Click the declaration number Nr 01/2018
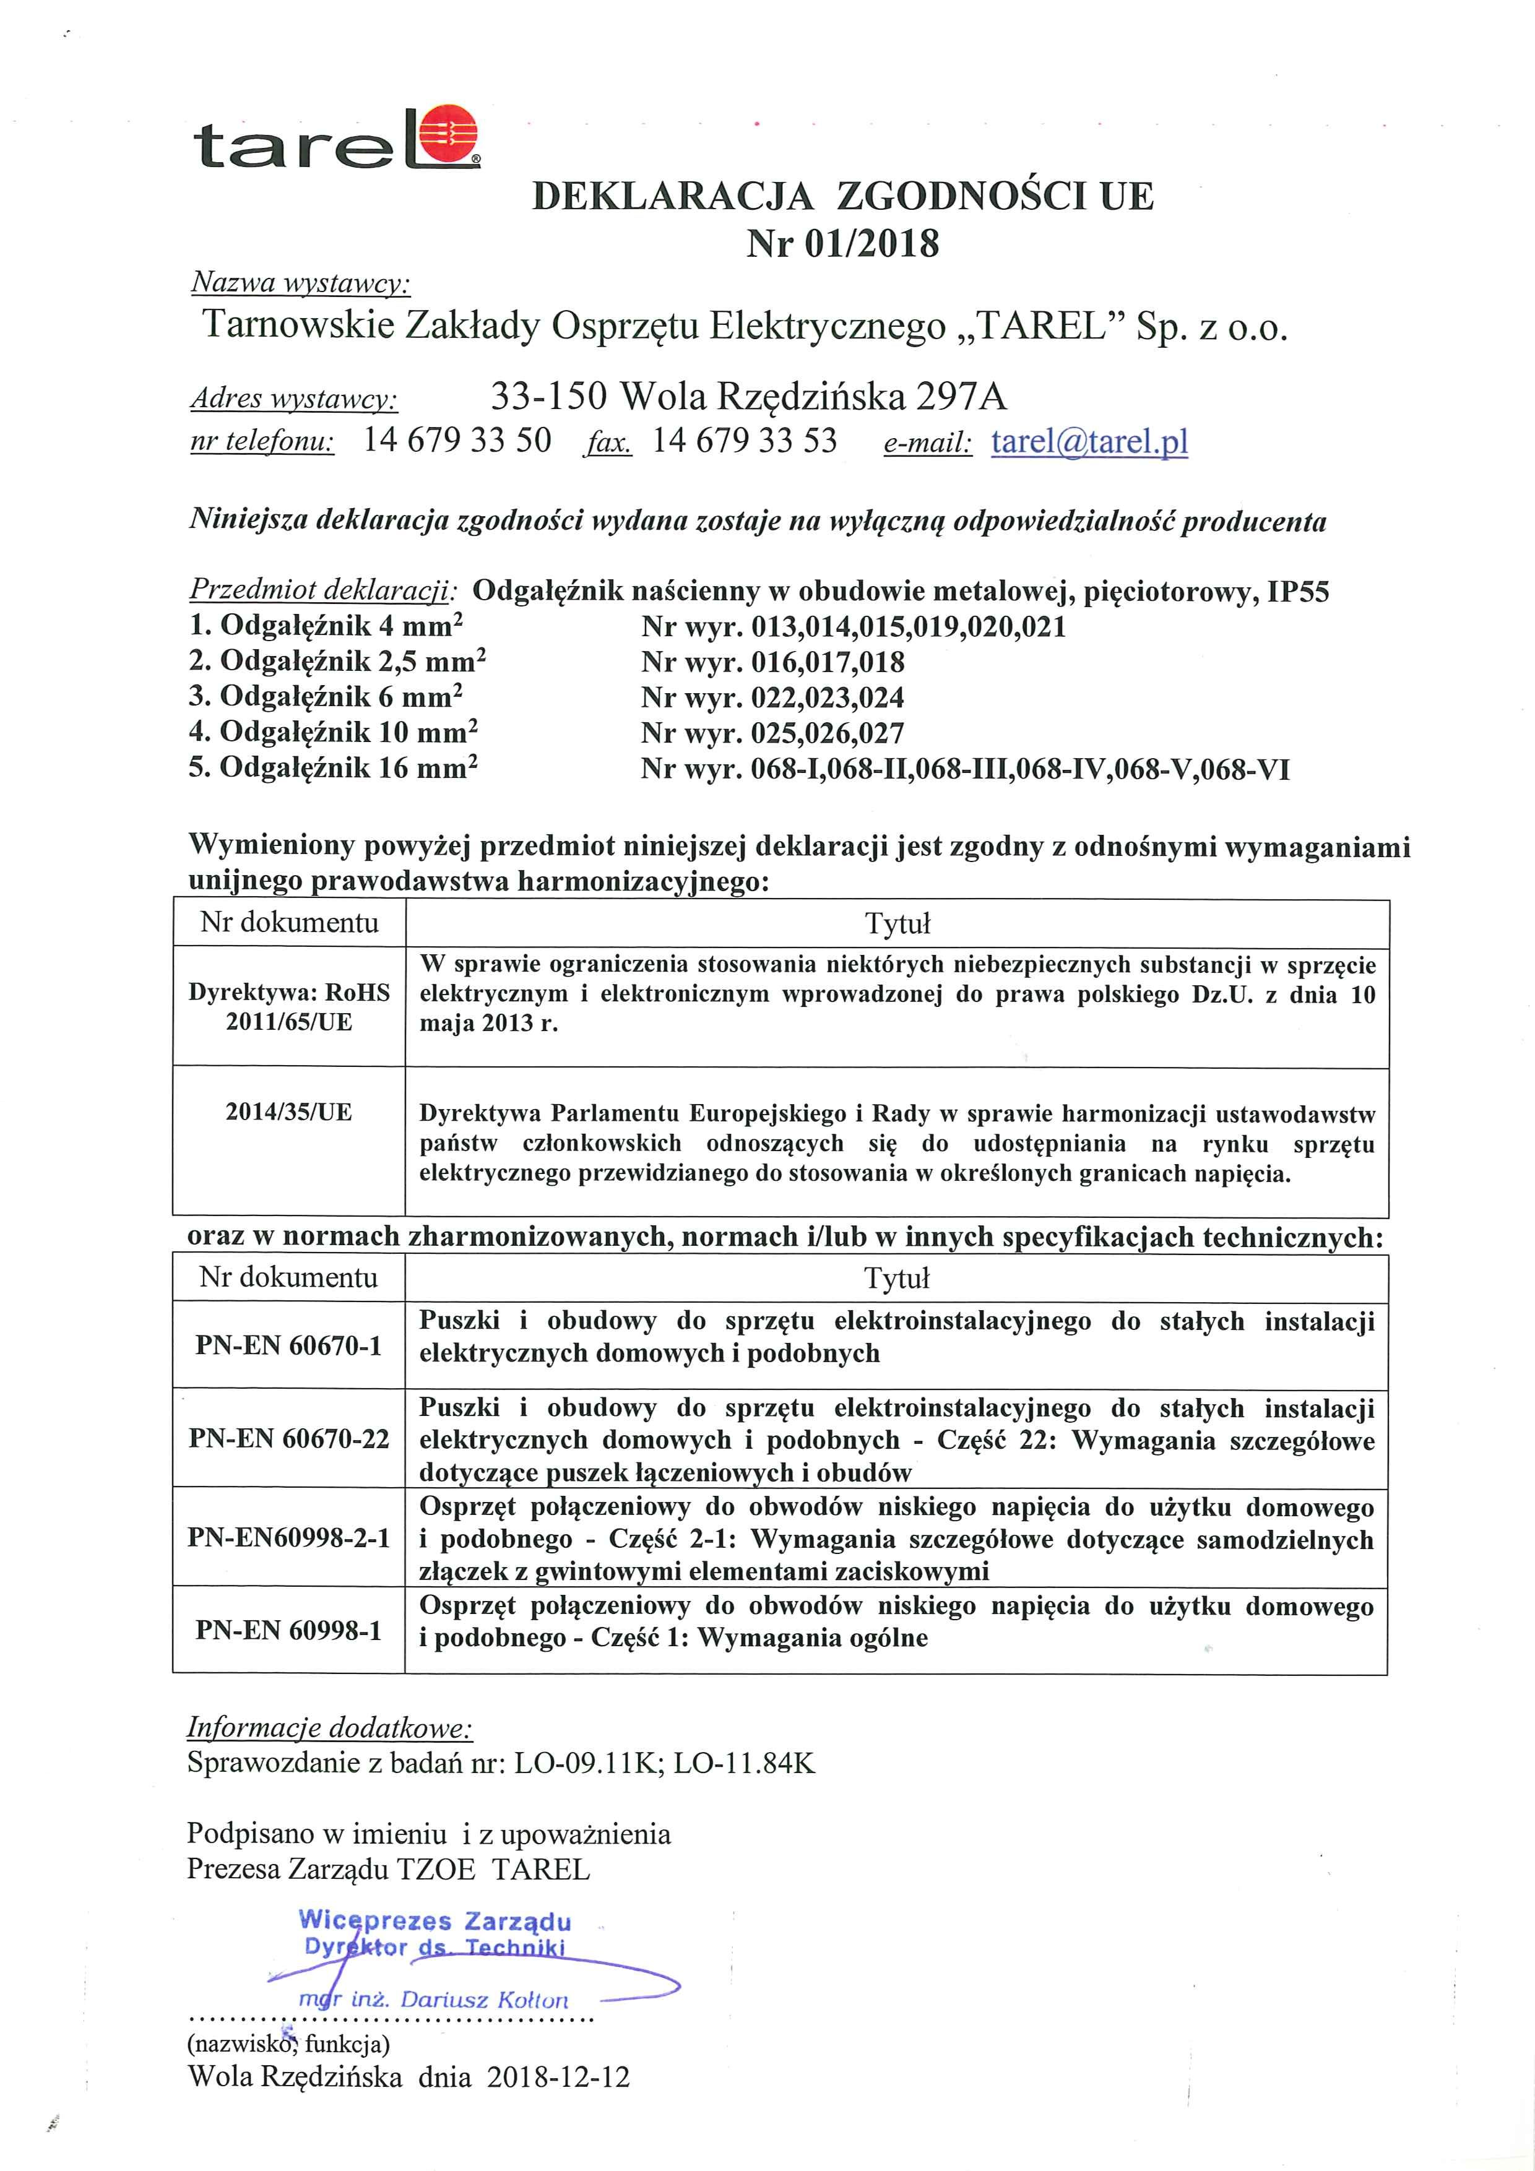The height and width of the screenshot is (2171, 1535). click(842, 244)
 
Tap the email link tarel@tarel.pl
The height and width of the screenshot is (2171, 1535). click(1089, 442)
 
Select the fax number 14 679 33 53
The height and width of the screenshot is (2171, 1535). click(745, 441)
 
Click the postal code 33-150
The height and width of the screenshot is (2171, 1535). click(548, 396)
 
